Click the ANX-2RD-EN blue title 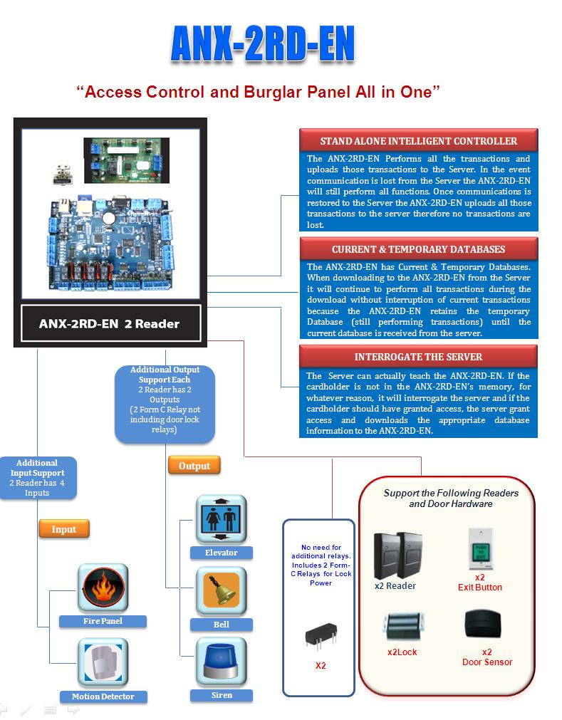[263, 43]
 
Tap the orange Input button [64, 529]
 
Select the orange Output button [194, 466]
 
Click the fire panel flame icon [103, 588]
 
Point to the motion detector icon [103, 662]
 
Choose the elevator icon [222, 519]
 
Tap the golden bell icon [222, 591]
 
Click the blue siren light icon [222, 662]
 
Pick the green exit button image [480, 549]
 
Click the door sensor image [483, 625]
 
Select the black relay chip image [321, 635]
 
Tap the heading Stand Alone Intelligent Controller [418, 141]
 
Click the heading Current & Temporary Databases [418, 249]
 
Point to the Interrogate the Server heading [418, 357]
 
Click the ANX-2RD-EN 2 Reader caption [109, 324]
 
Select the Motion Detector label [103, 696]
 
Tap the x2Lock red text [402, 652]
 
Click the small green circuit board [127, 160]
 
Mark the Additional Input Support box [37, 478]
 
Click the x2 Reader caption [395, 586]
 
